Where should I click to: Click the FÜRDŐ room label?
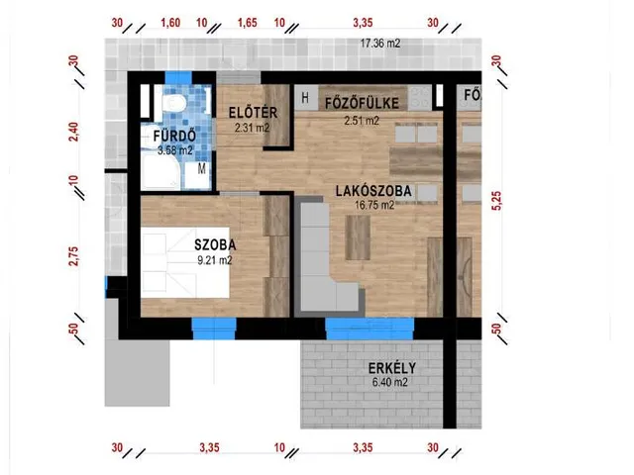pos(174,136)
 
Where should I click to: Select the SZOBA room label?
pos(215,244)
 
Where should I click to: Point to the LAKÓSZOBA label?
pos(373,191)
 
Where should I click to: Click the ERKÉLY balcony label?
pos(392,368)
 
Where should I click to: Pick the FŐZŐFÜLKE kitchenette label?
pos(362,103)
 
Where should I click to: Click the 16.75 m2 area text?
pos(374,205)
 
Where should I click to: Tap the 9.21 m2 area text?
pos(215,260)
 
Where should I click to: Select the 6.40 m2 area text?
pos(389,382)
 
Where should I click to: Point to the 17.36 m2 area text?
pos(380,44)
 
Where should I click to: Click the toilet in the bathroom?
pos(174,102)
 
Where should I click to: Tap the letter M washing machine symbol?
pos(202,168)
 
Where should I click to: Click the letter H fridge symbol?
pos(305,97)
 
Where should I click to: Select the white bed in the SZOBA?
pos(185,262)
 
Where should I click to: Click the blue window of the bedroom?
pos(214,329)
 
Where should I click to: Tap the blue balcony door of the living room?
pos(370,329)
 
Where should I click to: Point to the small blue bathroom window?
pos(178,77)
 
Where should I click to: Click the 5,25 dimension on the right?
pos(496,201)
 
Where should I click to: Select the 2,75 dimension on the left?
pos(74,255)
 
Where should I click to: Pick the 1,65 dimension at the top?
pos(247,22)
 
